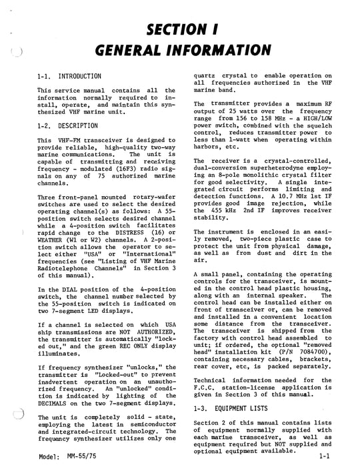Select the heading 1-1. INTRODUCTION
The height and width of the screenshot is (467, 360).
(69, 77)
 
